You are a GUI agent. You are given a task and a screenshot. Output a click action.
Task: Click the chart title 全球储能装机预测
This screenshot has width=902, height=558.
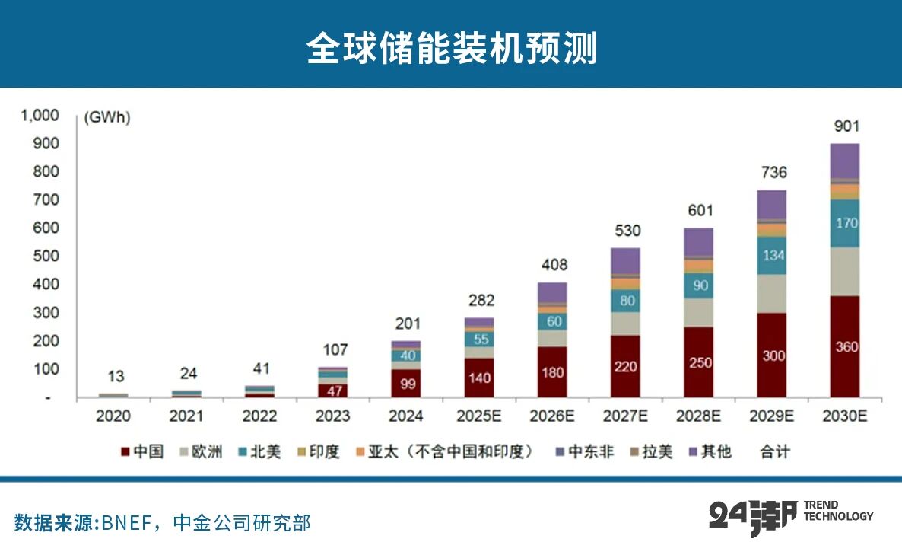[451, 48]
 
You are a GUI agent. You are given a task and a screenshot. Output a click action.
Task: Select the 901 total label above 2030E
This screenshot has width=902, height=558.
[845, 126]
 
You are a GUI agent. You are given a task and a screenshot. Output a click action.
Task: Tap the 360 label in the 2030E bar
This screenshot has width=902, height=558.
[845, 347]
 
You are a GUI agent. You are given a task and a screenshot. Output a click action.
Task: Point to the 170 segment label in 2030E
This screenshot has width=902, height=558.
[845, 224]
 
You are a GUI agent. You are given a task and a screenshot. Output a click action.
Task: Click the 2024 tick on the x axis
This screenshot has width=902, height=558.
[406, 416]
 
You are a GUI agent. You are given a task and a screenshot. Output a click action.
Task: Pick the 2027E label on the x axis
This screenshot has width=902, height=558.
[625, 416]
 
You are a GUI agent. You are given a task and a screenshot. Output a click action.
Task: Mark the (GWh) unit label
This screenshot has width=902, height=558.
[106, 118]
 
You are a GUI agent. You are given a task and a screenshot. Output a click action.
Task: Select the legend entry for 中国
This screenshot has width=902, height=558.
[142, 452]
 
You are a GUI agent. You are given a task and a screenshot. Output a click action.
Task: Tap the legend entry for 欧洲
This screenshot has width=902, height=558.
[202, 452]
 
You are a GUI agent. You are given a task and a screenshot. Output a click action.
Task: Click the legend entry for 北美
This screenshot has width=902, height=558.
[261, 452]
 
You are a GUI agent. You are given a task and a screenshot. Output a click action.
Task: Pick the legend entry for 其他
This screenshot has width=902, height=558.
[710, 452]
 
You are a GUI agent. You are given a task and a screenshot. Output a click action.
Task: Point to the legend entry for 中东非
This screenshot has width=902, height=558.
[583, 452]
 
